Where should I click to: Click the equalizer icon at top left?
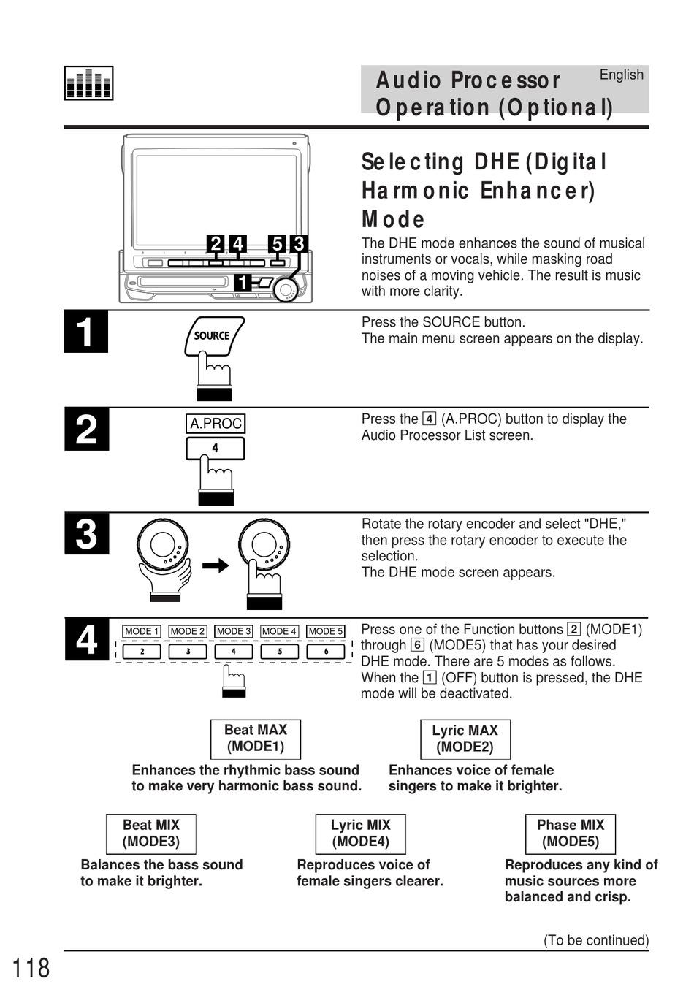pyautogui.click(x=88, y=83)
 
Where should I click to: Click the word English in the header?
pyautogui.click(x=621, y=75)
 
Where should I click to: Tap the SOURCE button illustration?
pyautogui.click(x=213, y=337)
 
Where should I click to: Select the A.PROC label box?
pyautogui.click(x=216, y=424)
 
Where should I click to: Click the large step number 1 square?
pyautogui.click(x=86, y=332)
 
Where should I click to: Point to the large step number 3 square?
pyautogui.click(x=86, y=534)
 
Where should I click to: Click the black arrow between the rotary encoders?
pyautogui.click(x=216, y=565)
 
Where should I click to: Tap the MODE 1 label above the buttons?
pyautogui.click(x=141, y=631)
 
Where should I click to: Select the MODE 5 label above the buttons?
pyautogui.click(x=325, y=631)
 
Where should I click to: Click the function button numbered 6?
pyautogui.click(x=326, y=651)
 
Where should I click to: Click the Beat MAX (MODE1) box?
pyautogui.click(x=256, y=739)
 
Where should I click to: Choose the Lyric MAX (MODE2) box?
pyautogui.click(x=465, y=739)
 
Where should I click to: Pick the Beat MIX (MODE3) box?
pyautogui.click(x=151, y=834)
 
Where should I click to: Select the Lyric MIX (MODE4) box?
pyautogui.click(x=360, y=834)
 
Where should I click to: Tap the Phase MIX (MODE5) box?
pyautogui.click(x=571, y=834)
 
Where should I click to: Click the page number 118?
pyautogui.click(x=31, y=968)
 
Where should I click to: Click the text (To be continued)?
pyautogui.click(x=595, y=940)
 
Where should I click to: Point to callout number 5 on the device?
pyautogui.click(x=277, y=244)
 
